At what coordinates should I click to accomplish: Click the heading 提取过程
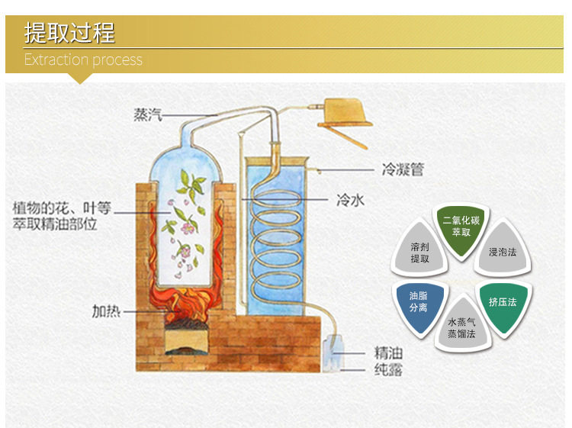69,33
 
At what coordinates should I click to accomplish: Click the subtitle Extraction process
83,60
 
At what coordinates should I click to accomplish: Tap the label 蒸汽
147,114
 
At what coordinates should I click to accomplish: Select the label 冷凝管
403,169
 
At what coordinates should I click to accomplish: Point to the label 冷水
350,200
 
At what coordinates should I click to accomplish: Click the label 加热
106,311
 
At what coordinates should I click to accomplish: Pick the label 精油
388,352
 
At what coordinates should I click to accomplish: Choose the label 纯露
388,369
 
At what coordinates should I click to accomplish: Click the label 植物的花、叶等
61,208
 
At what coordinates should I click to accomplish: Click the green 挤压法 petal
503,304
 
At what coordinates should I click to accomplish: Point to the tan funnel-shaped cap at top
345,113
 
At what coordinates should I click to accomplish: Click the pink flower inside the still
188,228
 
